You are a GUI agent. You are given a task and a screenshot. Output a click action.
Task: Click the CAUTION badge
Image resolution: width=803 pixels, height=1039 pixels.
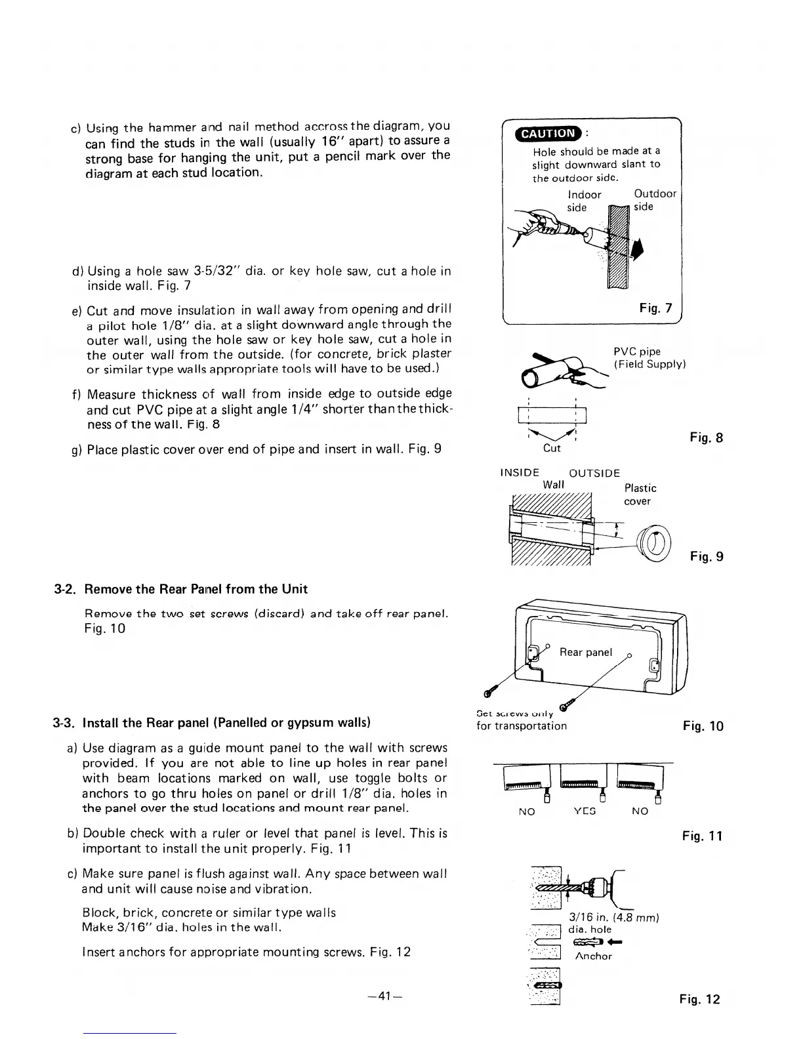click(x=546, y=134)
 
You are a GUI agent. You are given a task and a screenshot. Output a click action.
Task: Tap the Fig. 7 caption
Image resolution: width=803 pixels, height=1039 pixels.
click(x=655, y=308)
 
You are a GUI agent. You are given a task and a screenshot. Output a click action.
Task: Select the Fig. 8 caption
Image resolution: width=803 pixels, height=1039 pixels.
click(x=706, y=438)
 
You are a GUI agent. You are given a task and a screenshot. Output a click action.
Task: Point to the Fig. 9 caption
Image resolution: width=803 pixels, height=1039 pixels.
click(x=706, y=557)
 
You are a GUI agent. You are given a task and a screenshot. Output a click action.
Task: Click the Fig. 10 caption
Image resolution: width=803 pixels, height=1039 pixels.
click(x=703, y=726)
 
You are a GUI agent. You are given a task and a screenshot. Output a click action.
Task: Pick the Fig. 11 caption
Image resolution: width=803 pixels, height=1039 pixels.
click(x=702, y=836)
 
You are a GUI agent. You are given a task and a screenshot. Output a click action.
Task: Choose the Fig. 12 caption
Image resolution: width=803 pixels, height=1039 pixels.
click(x=699, y=1000)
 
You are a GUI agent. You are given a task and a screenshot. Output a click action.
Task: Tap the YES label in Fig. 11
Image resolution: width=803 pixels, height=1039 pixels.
click(x=584, y=811)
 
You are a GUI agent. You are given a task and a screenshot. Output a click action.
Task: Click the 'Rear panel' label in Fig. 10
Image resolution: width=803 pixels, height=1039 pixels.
click(x=585, y=652)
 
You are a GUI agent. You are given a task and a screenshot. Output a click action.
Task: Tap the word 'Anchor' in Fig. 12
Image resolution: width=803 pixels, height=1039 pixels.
click(x=593, y=956)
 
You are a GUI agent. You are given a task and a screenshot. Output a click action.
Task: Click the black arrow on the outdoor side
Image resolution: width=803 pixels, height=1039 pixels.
click(x=636, y=250)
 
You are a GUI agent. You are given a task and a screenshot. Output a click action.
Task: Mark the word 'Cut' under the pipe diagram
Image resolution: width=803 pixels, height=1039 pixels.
click(x=552, y=449)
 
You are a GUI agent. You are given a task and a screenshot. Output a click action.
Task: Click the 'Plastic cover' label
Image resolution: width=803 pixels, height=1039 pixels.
click(x=640, y=495)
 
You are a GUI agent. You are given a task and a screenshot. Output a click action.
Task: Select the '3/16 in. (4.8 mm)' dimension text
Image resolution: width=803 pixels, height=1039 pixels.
click(x=613, y=918)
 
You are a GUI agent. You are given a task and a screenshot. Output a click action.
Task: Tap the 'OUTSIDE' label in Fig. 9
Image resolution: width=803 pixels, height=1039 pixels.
click(x=594, y=473)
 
